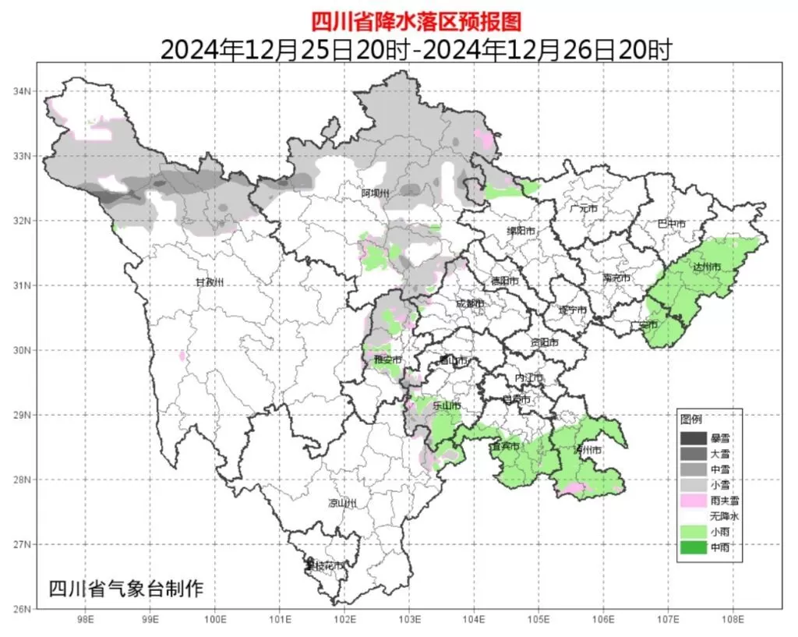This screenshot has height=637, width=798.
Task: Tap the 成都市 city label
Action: point(470,303)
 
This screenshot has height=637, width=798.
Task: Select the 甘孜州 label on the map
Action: point(209,282)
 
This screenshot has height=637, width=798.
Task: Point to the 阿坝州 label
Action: point(375,193)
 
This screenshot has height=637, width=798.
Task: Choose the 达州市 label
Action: point(707,267)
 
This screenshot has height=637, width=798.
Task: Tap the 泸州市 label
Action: point(588,451)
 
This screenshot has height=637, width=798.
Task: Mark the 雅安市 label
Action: point(387,360)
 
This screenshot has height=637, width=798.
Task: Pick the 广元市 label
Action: point(584,209)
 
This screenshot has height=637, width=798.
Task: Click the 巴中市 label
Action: point(671,224)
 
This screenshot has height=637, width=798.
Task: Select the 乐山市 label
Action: point(448,406)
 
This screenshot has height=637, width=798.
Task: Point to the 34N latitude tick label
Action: point(22,91)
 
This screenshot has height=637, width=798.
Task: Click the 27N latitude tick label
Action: point(22,544)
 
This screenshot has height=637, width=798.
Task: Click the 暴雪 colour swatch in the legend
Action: point(690,438)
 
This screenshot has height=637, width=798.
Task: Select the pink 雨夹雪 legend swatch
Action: point(690,501)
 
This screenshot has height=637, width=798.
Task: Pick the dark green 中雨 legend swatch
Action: point(690,547)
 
